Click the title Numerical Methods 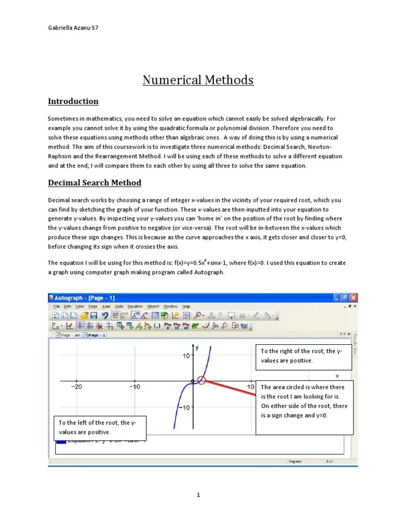pyautogui.click(x=198, y=80)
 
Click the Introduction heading pyautogui.click(x=73, y=101)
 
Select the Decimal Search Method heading pyautogui.click(x=95, y=183)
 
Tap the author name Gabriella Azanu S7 pyautogui.click(x=72, y=28)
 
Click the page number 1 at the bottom pyautogui.click(x=198, y=495)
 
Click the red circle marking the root pyautogui.click(x=202, y=381)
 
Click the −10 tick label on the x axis pyautogui.click(x=134, y=387)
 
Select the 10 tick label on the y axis pyautogui.click(x=186, y=356)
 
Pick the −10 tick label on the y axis pyautogui.click(x=184, y=407)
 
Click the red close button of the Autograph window pyautogui.click(x=353, y=298)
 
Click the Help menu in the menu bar pyautogui.click(x=186, y=306)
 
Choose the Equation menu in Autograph pyautogui.click(x=135, y=306)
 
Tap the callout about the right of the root pyautogui.click(x=303, y=356)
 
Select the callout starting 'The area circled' pyautogui.click(x=304, y=401)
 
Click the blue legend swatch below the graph pyautogui.click(x=61, y=441)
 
